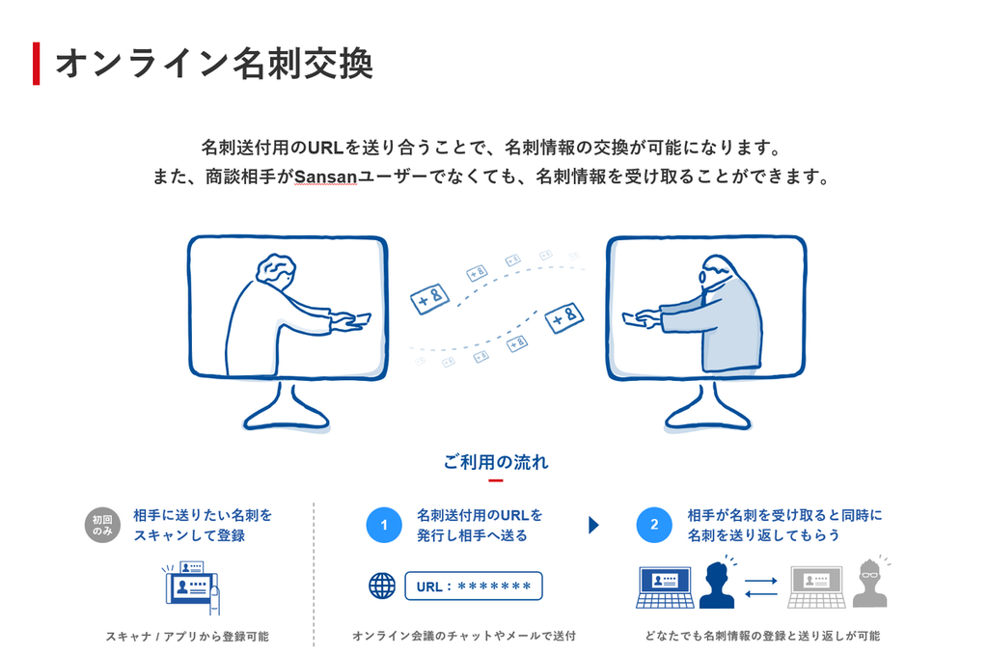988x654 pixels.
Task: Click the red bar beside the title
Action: point(37,64)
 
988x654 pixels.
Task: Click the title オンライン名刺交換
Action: point(215,64)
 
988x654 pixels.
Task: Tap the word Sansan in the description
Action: point(326,177)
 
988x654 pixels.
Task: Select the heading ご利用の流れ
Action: point(496,462)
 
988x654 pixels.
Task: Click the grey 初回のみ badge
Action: point(102,525)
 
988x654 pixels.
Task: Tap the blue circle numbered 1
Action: point(384,525)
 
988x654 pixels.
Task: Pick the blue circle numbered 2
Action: point(654,525)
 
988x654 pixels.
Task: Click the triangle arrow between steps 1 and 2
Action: point(593,525)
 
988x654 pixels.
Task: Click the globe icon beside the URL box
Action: point(382,586)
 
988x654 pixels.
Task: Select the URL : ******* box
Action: point(473,586)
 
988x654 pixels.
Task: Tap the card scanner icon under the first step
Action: point(191,586)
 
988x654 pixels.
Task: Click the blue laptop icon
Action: point(665,587)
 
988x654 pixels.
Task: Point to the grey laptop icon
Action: point(816,587)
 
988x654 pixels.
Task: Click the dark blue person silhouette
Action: point(717,585)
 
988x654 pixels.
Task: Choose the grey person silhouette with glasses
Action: point(870,584)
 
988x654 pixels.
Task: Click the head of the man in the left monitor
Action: point(276,271)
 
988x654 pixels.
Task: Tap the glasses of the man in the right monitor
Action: point(702,276)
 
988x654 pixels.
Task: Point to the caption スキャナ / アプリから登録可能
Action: point(187,637)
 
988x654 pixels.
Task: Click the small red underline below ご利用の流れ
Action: point(496,480)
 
